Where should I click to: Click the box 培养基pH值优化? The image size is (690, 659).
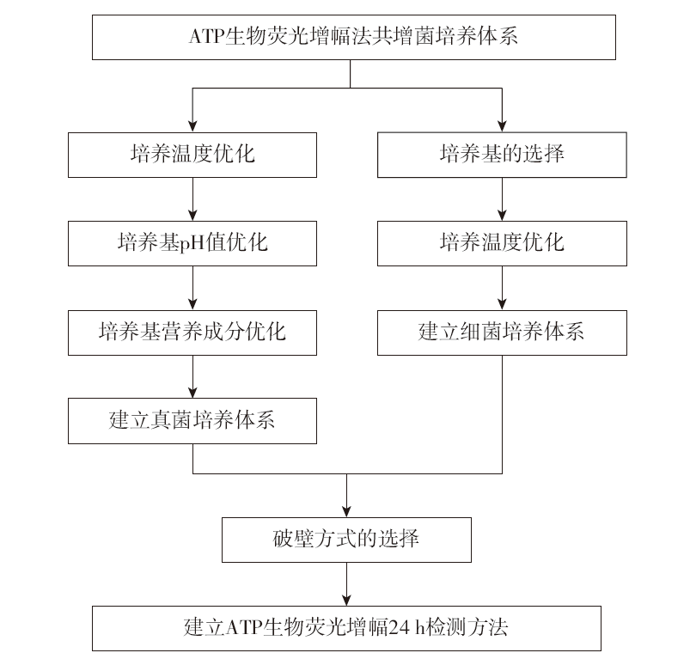tap(192, 243)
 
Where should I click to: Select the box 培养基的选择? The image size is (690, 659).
tap(502, 155)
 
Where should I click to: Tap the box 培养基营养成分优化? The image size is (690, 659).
tap(192, 333)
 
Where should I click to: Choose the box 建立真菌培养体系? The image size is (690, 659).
tap(192, 421)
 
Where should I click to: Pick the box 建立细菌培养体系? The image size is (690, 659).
tap(502, 333)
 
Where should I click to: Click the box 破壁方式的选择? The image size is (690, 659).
tap(346, 540)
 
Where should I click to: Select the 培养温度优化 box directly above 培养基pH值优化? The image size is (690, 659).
tap(192, 155)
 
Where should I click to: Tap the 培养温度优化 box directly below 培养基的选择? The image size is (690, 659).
tap(502, 243)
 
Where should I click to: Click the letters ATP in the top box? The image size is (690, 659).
tap(206, 36)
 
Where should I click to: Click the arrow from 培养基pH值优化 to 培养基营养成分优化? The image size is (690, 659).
tap(192, 288)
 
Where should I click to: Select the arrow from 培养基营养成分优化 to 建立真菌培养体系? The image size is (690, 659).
tap(192, 376)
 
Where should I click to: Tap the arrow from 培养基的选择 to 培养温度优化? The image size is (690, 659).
tap(502, 199)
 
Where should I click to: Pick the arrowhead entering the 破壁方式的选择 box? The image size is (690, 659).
tap(346, 511)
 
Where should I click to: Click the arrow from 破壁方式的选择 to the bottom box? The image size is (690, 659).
tap(346, 584)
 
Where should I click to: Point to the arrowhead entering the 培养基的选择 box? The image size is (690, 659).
tap(502, 125)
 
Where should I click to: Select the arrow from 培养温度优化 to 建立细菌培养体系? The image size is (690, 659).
tap(502, 288)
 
